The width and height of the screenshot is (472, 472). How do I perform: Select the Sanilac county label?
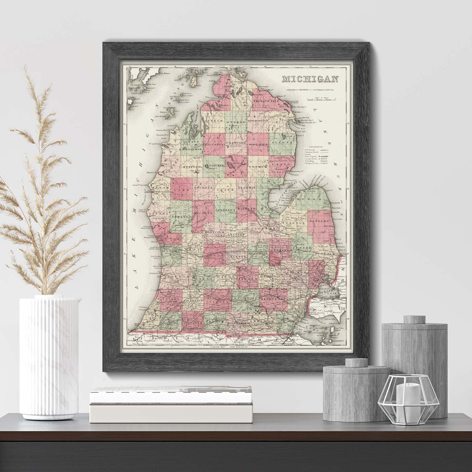click(319, 222)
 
